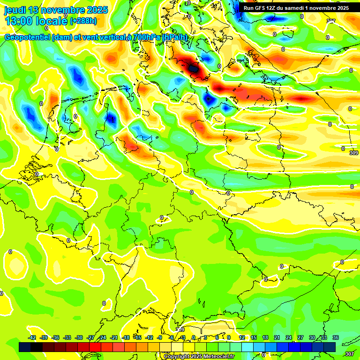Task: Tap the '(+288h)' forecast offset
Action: click(83, 21)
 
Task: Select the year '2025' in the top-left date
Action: click(97, 10)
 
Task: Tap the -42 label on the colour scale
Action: click(32, 338)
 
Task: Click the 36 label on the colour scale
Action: click(336, 338)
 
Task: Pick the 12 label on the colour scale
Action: click(242, 338)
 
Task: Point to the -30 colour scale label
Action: click(79, 338)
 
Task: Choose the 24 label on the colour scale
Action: click(289, 338)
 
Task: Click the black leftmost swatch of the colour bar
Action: click(25, 347)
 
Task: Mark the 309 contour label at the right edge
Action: click(354, 153)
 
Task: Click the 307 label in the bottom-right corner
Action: click(349, 354)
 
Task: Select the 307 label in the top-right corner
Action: click(331, 21)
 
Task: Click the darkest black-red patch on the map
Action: click(193, 68)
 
